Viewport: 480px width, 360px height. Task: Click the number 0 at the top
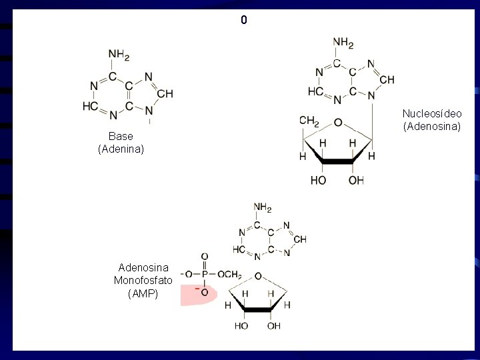pyautogui.click(x=244, y=21)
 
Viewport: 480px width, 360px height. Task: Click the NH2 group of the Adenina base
pyautogui.click(x=119, y=55)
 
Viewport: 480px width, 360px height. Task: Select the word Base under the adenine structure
pyautogui.click(x=121, y=137)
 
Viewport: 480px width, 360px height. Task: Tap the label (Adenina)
pyautogui.click(x=121, y=149)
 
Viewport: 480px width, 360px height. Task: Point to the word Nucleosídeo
pyautogui.click(x=432, y=113)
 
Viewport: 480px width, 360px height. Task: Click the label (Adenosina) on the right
pyautogui.click(x=432, y=126)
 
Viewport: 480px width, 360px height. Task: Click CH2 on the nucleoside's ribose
pyautogui.click(x=309, y=121)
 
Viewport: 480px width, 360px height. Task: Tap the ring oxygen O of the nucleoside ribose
pyautogui.click(x=338, y=123)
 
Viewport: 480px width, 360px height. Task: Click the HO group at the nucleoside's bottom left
pyautogui.click(x=318, y=181)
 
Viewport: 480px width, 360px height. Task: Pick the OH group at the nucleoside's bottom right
pyautogui.click(x=357, y=181)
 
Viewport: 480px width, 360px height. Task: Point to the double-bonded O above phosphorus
pyautogui.click(x=204, y=257)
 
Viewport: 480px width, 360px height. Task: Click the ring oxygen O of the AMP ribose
pyautogui.click(x=257, y=275)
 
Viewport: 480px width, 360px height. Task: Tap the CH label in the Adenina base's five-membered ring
pyautogui.click(x=165, y=94)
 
